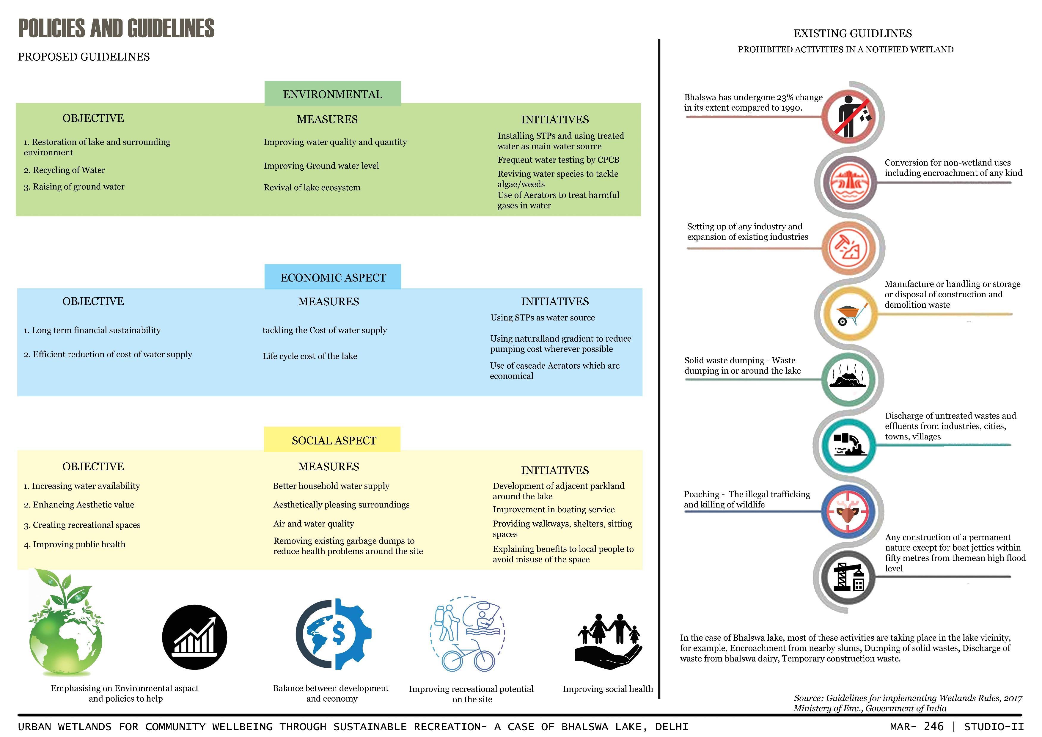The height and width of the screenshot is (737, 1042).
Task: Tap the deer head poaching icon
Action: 848,511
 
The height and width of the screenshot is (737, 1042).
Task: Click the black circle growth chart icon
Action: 195,637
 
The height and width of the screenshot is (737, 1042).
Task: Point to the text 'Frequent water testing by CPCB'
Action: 558,160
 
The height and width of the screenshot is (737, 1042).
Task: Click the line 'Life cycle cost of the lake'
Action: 310,356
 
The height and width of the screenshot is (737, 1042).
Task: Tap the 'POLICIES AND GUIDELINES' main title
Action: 116,28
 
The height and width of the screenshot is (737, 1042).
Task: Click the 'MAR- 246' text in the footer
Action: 917,727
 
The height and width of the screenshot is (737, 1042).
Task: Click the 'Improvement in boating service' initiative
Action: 554,509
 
